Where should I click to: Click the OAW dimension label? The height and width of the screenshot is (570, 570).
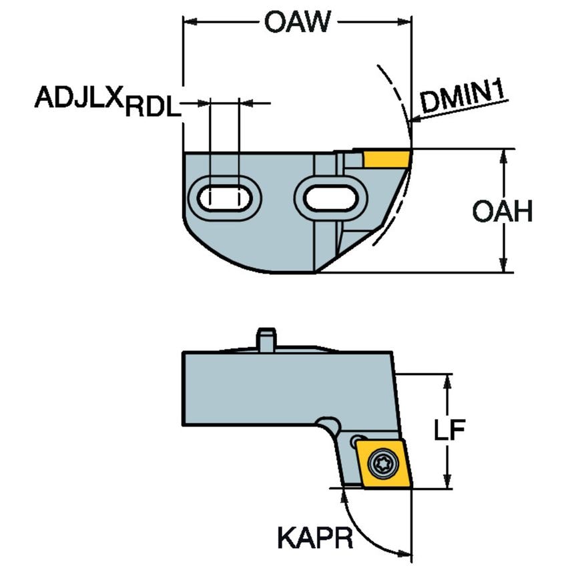click(x=297, y=22)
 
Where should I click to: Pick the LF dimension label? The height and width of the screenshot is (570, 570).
click(x=447, y=431)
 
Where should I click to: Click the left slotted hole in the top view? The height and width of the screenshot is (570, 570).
click(x=224, y=197)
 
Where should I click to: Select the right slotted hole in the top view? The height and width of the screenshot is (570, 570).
click(x=330, y=197)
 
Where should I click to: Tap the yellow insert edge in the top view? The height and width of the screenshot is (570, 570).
click(x=386, y=159)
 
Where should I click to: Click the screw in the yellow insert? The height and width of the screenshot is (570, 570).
click(x=384, y=461)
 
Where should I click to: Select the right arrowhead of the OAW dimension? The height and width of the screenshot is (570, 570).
click(x=407, y=23)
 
